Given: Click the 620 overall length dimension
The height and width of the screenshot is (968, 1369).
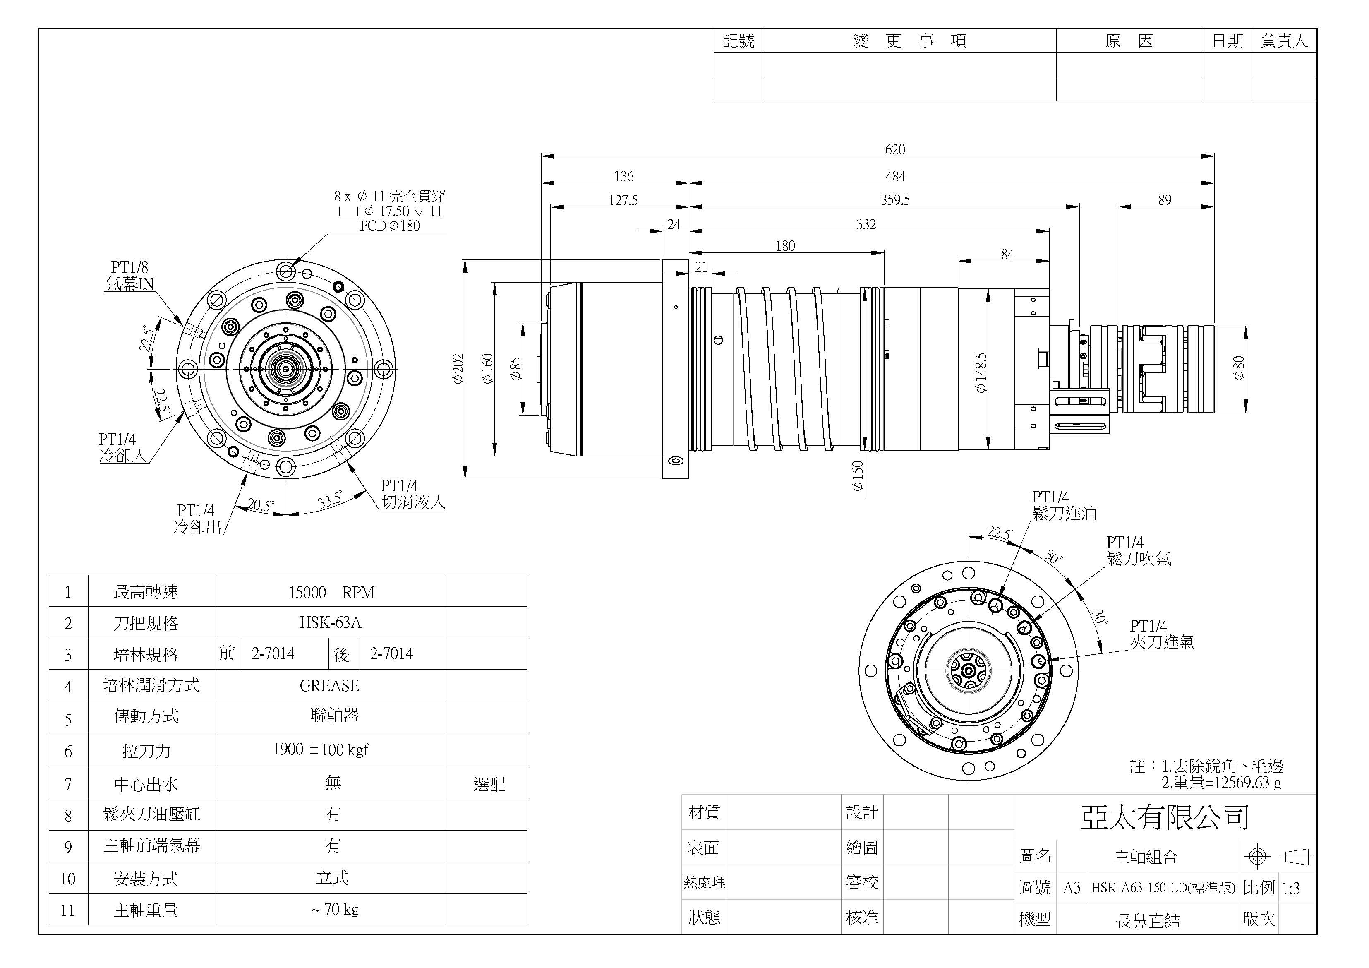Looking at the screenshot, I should [x=894, y=149].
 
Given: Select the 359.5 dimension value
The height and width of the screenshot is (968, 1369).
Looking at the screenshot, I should [x=894, y=200].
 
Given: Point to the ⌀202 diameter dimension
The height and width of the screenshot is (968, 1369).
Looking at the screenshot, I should [x=458, y=369].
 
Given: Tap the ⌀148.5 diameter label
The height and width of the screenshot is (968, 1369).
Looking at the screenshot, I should [x=981, y=373].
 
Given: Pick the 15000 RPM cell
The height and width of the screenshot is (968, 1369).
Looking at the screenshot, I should [x=331, y=592].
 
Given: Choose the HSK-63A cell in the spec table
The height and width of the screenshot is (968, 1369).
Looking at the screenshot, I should [x=331, y=623].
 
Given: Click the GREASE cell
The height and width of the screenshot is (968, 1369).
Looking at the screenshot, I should [x=330, y=685].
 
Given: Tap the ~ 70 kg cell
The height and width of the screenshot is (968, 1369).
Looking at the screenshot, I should [x=335, y=909].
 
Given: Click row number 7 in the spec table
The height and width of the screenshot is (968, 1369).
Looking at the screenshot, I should [x=68, y=784].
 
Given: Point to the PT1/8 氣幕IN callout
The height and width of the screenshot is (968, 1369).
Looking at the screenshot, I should [x=129, y=276].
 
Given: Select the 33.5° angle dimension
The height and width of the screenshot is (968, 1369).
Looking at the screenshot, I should [x=330, y=500].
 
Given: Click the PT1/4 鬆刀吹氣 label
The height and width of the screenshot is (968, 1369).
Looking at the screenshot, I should [x=1138, y=550].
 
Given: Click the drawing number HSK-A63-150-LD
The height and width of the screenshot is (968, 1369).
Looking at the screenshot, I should [x=1162, y=887].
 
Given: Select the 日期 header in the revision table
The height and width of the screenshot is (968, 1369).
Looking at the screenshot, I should [x=1227, y=41].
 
